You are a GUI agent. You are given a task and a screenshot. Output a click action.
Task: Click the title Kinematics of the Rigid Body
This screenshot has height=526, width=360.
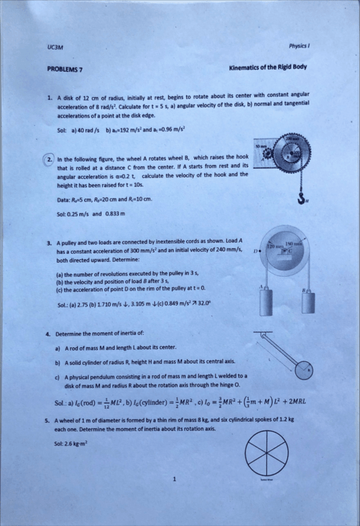(x=267, y=68)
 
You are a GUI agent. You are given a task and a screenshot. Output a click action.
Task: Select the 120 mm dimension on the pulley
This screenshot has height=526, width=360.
(x=274, y=246)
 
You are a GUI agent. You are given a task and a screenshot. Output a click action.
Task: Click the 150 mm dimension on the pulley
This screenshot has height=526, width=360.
(x=294, y=244)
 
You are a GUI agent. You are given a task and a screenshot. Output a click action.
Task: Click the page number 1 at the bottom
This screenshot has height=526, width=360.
(x=176, y=478)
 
